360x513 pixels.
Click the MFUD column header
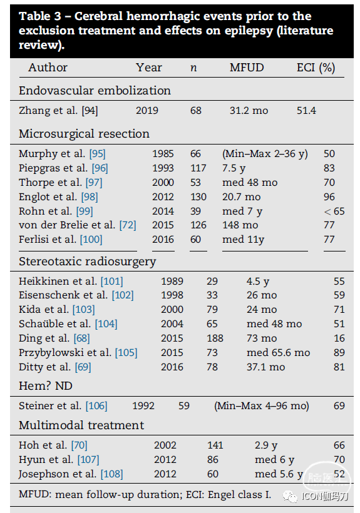pos(247,68)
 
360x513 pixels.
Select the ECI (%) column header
pos(316,68)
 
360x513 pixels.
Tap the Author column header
pos(48,68)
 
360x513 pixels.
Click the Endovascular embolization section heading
pos(95,90)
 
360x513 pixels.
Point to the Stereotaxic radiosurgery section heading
pos(88,262)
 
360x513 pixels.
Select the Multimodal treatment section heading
pos(81,425)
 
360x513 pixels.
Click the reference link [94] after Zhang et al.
pos(90,111)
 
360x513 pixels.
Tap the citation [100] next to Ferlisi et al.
pos(91,240)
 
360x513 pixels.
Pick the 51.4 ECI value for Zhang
pos(306,111)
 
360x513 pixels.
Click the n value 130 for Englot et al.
pos(198,196)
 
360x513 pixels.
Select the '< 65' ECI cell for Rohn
pos(334,211)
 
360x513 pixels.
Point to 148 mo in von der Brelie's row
pos(240,225)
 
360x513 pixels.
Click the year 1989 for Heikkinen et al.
pos(172,281)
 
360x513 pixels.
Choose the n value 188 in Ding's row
pos(215,338)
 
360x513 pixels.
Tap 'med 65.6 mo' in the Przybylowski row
pos(278,352)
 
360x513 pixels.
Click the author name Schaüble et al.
pos(54,323)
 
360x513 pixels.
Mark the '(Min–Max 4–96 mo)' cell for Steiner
pos(262,405)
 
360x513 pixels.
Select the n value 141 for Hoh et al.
pos(215,445)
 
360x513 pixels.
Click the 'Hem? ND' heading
pos(46,386)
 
